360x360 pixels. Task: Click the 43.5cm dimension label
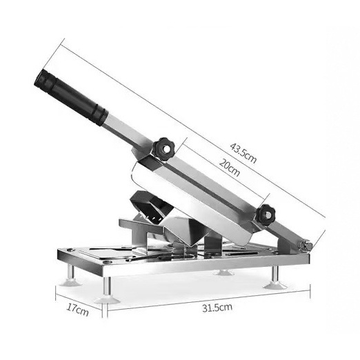tap(243, 153)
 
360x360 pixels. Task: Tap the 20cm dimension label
tap(229, 168)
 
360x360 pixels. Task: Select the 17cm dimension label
tap(77, 310)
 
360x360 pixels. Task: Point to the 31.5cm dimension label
tap(217, 308)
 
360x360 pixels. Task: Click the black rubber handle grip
tap(71, 97)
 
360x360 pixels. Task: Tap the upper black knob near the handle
tap(164, 149)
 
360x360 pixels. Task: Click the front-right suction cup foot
tap(275, 286)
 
